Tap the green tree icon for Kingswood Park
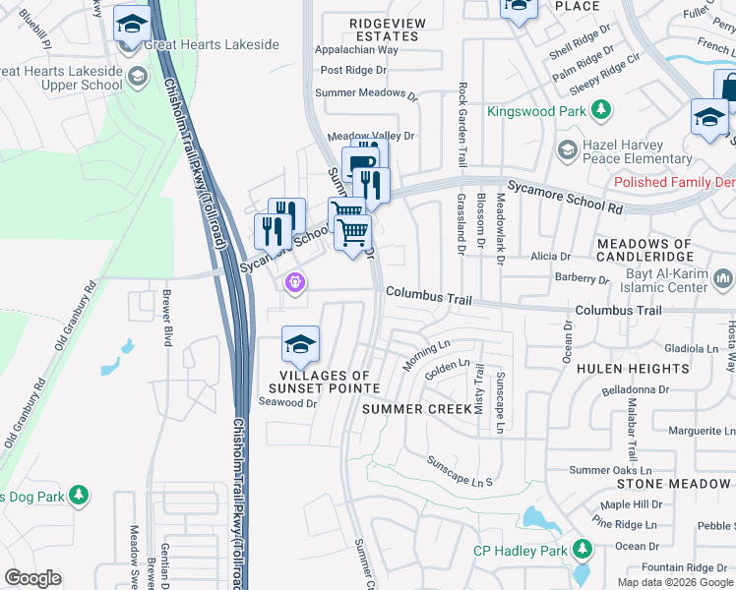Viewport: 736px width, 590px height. [597, 109]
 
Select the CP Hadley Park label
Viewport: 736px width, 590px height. [520, 551]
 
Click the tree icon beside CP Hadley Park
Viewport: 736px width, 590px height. [583, 549]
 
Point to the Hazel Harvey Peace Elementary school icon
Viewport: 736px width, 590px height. [566, 149]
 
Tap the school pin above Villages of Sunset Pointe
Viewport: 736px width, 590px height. [300, 344]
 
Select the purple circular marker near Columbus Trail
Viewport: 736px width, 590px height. [292, 284]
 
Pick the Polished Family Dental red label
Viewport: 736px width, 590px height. [673, 183]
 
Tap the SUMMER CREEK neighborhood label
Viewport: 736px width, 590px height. [410, 408]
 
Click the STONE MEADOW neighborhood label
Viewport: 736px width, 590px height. [675, 484]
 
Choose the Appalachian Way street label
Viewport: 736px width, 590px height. [356, 49]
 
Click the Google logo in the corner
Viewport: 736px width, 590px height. [32, 578]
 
